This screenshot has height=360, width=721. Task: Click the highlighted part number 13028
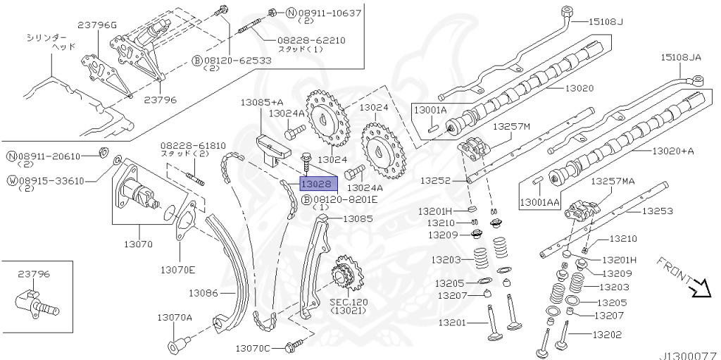click(315, 183)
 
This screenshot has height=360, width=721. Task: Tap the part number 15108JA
click(681, 56)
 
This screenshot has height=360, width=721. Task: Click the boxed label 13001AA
click(539, 202)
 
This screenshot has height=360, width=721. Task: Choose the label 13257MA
click(613, 181)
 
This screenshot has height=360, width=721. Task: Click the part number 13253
click(658, 211)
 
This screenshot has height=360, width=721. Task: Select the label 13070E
click(177, 270)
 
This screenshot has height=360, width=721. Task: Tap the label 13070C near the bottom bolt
click(253, 348)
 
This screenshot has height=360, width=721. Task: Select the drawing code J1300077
click(688, 356)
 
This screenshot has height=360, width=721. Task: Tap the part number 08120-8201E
click(345, 199)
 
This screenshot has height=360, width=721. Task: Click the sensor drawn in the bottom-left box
click(35, 301)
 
